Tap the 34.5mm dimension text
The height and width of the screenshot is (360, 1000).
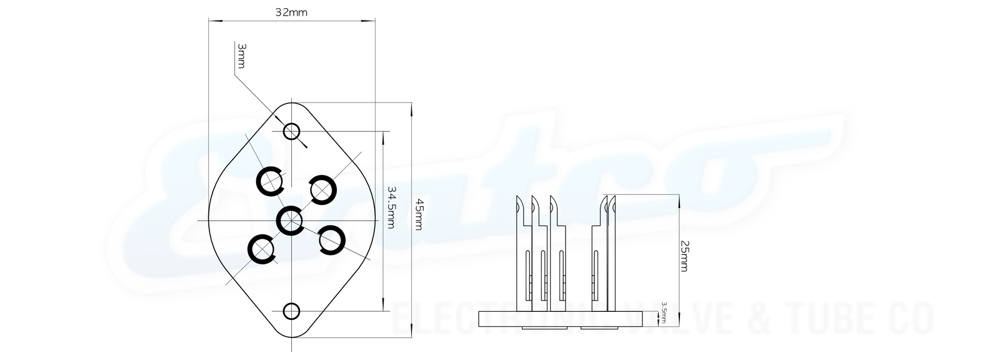click(392, 206)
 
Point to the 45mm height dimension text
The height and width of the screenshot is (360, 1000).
click(419, 214)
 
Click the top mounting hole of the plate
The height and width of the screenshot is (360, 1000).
click(292, 131)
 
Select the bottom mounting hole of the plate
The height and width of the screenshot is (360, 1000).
click(291, 311)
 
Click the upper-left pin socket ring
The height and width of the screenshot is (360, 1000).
click(271, 182)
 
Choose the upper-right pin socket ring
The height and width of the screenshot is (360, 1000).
click(323, 189)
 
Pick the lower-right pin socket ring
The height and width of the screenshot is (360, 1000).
click(332, 239)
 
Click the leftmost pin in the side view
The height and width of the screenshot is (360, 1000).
click(521, 250)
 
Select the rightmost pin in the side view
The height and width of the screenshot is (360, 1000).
click(611, 250)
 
